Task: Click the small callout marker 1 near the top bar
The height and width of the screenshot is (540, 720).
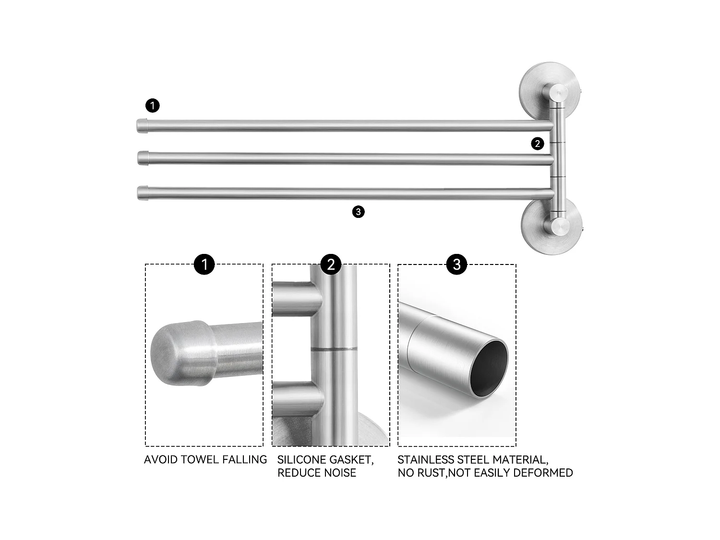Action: tap(152, 105)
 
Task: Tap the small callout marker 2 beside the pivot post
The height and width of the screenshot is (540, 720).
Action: tap(538, 144)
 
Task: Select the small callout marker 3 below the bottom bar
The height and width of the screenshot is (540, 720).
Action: tap(358, 212)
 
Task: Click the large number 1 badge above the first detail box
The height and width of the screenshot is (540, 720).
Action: tap(204, 264)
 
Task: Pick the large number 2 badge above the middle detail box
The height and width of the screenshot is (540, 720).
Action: tap(331, 264)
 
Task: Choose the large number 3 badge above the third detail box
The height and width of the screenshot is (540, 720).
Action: tap(456, 264)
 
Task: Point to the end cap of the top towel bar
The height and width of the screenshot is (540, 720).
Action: tap(143, 125)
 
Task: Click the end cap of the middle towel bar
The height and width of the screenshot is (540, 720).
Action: tap(143, 157)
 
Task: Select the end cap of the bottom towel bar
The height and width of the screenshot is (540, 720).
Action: tap(143, 192)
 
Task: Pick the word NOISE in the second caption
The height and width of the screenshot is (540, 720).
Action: tap(339, 473)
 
